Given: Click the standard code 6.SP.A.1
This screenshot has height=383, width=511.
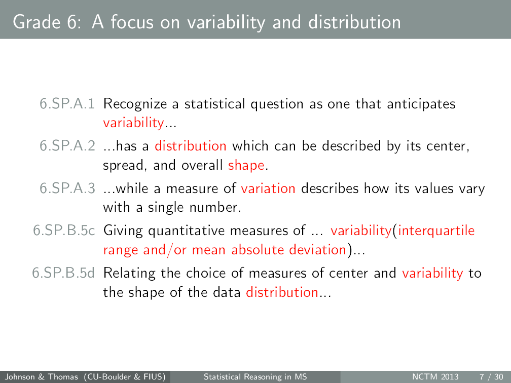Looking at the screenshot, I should (x=67, y=104).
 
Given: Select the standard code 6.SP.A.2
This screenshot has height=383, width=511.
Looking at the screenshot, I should (x=67, y=146).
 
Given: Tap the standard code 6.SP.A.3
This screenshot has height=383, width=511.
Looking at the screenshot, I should (x=67, y=189).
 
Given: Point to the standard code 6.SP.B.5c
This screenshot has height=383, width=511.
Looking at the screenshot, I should (x=64, y=231).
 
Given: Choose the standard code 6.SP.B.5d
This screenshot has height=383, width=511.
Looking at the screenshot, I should (x=64, y=274).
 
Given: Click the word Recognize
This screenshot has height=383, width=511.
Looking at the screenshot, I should (x=135, y=105).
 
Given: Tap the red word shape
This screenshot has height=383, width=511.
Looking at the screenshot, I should (x=246, y=166).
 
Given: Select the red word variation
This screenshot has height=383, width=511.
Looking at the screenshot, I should (x=268, y=189).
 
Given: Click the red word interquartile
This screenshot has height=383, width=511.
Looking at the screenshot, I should (x=436, y=232).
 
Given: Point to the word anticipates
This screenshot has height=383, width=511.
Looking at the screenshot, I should (x=421, y=105).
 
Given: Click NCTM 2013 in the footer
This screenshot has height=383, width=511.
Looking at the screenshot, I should (x=435, y=377).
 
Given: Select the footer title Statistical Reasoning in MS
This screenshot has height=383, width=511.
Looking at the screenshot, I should (x=255, y=377).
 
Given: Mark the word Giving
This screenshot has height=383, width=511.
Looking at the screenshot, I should (x=124, y=232).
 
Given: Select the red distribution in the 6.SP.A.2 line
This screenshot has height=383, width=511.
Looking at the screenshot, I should (x=191, y=146).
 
